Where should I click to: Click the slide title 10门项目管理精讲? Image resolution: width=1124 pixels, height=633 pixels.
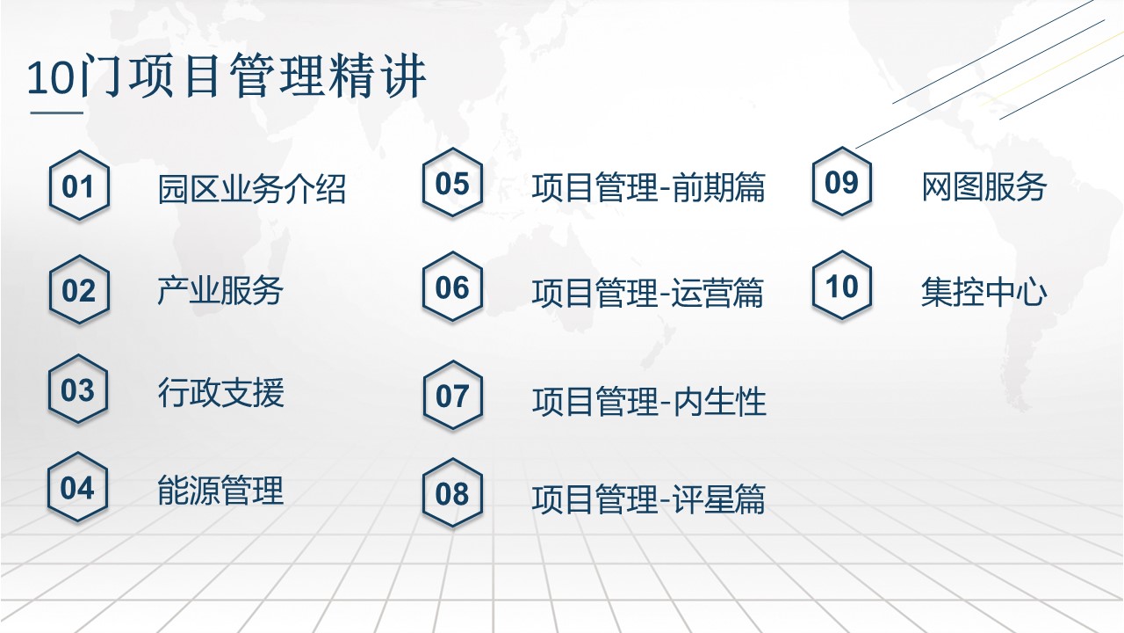tap(227, 76)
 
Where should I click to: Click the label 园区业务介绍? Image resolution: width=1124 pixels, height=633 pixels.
tap(252, 189)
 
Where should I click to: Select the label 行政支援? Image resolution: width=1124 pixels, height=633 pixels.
tap(220, 392)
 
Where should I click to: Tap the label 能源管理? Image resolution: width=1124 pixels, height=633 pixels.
tap(220, 491)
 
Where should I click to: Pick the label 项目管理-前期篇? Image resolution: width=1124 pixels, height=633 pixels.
tap(648, 188)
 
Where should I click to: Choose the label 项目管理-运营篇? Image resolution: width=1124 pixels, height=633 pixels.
tap(648, 293)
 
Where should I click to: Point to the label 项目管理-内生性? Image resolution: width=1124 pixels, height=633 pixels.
tap(649, 402)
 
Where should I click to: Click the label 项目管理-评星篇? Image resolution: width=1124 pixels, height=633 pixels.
tap(648, 499)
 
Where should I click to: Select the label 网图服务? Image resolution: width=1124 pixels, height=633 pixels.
tap(984, 187)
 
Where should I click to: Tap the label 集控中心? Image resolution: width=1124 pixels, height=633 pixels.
tap(984, 292)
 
